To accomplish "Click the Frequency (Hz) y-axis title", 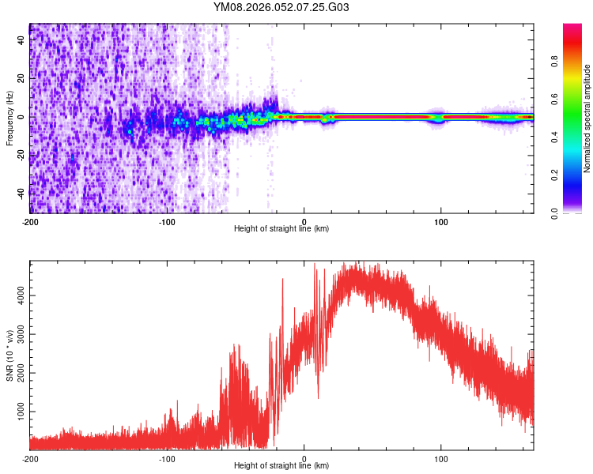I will pyautogui.click(x=9, y=118).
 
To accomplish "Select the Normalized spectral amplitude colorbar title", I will pyautogui.click(x=587, y=118).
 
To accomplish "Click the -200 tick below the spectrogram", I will pyautogui.click(x=30, y=221).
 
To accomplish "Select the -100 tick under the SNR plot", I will pyautogui.click(x=167, y=458).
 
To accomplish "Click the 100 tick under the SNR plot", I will pyautogui.click(x=441, y=458).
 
